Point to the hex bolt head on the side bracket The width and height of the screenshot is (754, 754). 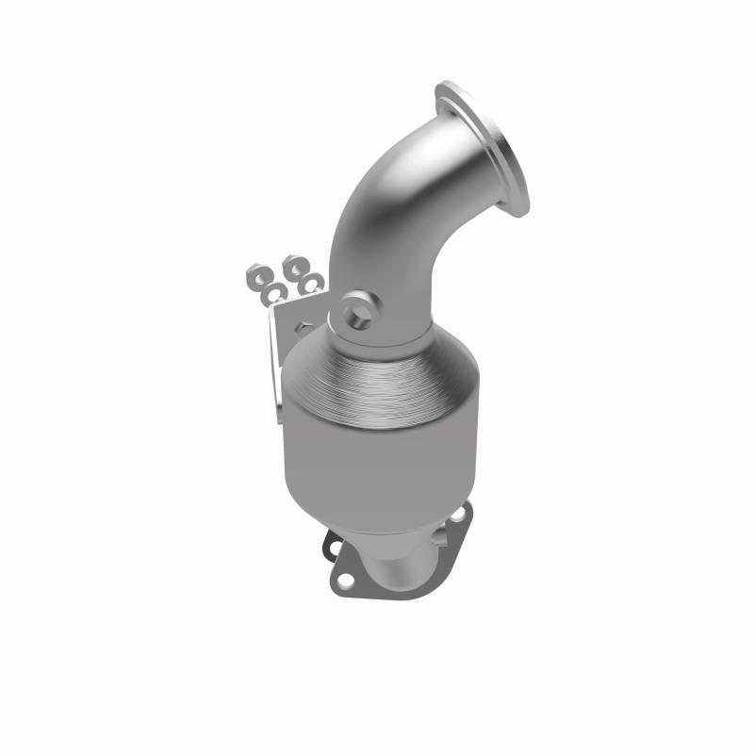[301, 326]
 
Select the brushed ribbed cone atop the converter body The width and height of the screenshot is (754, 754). [377, 372]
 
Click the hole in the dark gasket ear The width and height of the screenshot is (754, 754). [334, 545]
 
